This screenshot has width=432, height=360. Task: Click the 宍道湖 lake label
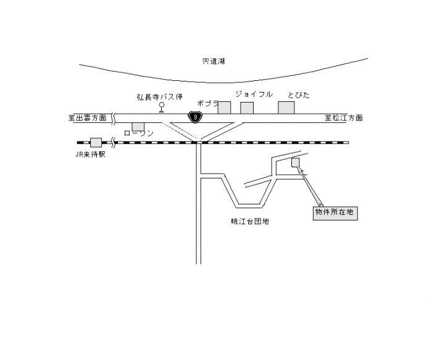tap(214, 61)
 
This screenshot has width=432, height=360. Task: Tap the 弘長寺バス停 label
tap(160, 97)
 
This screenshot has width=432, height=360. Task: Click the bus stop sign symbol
tap(162, 106)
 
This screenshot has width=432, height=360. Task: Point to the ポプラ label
tap(208, 104)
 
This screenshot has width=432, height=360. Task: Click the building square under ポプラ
tap(224, 107)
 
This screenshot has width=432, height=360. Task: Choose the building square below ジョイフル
tap(247, 108)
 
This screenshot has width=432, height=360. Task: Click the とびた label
tap(298, 94)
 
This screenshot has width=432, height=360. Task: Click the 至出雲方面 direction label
tap(88, 117)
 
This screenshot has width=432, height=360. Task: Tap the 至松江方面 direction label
tap(344, 117)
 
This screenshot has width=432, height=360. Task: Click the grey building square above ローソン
tap(138, 127)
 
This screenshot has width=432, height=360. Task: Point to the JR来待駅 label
tap(89, 155)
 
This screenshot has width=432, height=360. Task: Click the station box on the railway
tap(96, 142)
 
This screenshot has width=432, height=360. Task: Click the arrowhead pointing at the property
tap(301, 170)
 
